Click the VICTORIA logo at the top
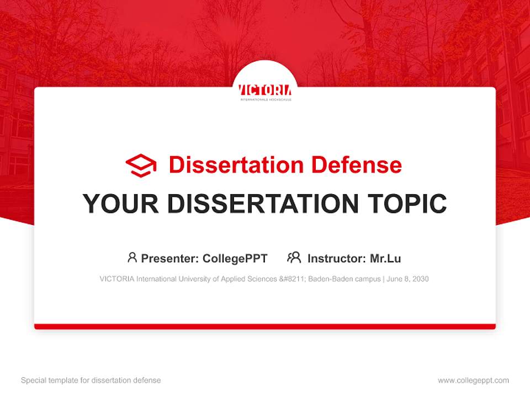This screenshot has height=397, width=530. point(265,91)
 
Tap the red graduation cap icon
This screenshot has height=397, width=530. point(141,165)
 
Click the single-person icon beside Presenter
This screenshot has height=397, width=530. point(132,257)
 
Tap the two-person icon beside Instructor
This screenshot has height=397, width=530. point(294,257)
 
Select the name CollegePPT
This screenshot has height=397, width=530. point(235,258)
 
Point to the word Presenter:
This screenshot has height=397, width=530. point(170,258)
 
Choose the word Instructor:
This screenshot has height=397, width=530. point(336,258)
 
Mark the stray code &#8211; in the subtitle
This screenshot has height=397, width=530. point(293,279)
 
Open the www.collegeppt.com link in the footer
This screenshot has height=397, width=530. point(473,380)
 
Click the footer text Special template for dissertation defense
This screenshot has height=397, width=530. point(91,380)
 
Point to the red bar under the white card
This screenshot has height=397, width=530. point(265,326)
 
